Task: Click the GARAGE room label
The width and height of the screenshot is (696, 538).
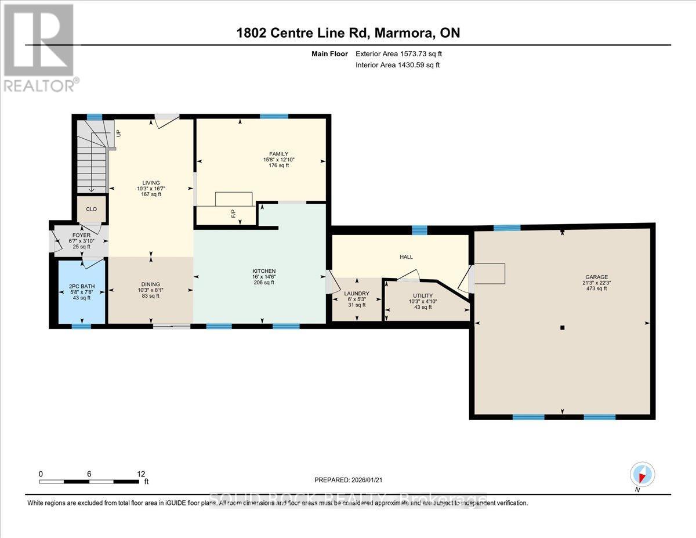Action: [596, 277]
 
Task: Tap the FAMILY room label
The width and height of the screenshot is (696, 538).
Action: [276, 154]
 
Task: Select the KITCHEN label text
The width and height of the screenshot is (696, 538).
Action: [264, 271]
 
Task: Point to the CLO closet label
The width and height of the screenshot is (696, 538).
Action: [92, 210]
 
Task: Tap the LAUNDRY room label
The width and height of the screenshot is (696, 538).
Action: [357, 294]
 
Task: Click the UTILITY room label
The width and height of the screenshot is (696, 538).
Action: [423, 295]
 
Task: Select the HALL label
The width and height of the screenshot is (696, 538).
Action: [406, 257]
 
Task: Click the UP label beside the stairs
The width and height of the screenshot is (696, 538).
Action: [118, 133]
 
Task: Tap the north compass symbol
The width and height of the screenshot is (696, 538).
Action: [642, 474]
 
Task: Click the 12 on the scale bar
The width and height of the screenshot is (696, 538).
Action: [141, 474]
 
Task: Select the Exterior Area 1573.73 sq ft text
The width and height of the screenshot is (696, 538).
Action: [403, 53]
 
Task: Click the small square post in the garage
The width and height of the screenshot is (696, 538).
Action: [562, 328]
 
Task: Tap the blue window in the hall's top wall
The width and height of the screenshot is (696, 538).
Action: [419, 230]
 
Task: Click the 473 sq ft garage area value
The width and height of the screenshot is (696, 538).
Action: [596, 288]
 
